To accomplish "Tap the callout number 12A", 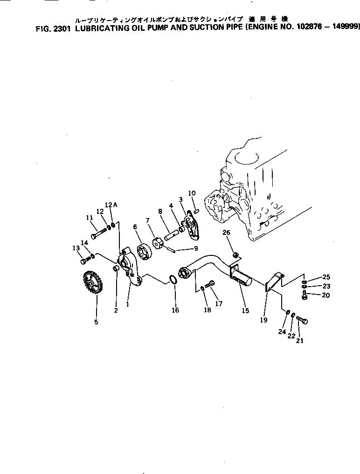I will pos(110,205).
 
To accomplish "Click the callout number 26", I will pos(226,233).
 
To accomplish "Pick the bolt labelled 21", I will pos(303,321).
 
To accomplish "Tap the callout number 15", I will pos(245,310).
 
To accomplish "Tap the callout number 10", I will pos(192,193).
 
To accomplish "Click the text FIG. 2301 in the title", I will pos(52,27).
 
